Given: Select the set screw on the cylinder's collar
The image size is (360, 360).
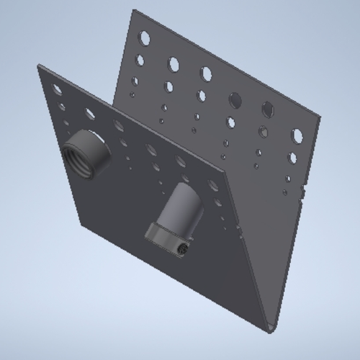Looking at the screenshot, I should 182,248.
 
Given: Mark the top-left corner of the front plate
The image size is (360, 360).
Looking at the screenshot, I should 39,66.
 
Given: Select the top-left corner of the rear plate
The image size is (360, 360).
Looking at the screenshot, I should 135,10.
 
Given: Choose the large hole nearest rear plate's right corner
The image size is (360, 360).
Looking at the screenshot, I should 297,135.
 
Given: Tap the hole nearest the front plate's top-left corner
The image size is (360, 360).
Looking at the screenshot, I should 56,88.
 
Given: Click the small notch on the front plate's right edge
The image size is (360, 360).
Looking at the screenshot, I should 238,225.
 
